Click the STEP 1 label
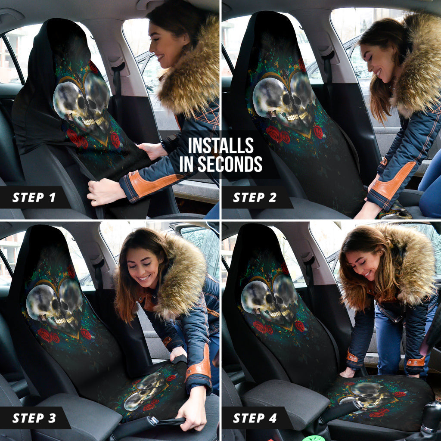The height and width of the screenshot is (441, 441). coord(34,198)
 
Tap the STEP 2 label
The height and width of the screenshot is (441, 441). coord(255,198)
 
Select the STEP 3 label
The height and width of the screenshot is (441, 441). coord(34,418)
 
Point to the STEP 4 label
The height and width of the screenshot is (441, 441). coord(255,418)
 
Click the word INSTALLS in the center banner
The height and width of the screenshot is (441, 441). coord(221,146)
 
